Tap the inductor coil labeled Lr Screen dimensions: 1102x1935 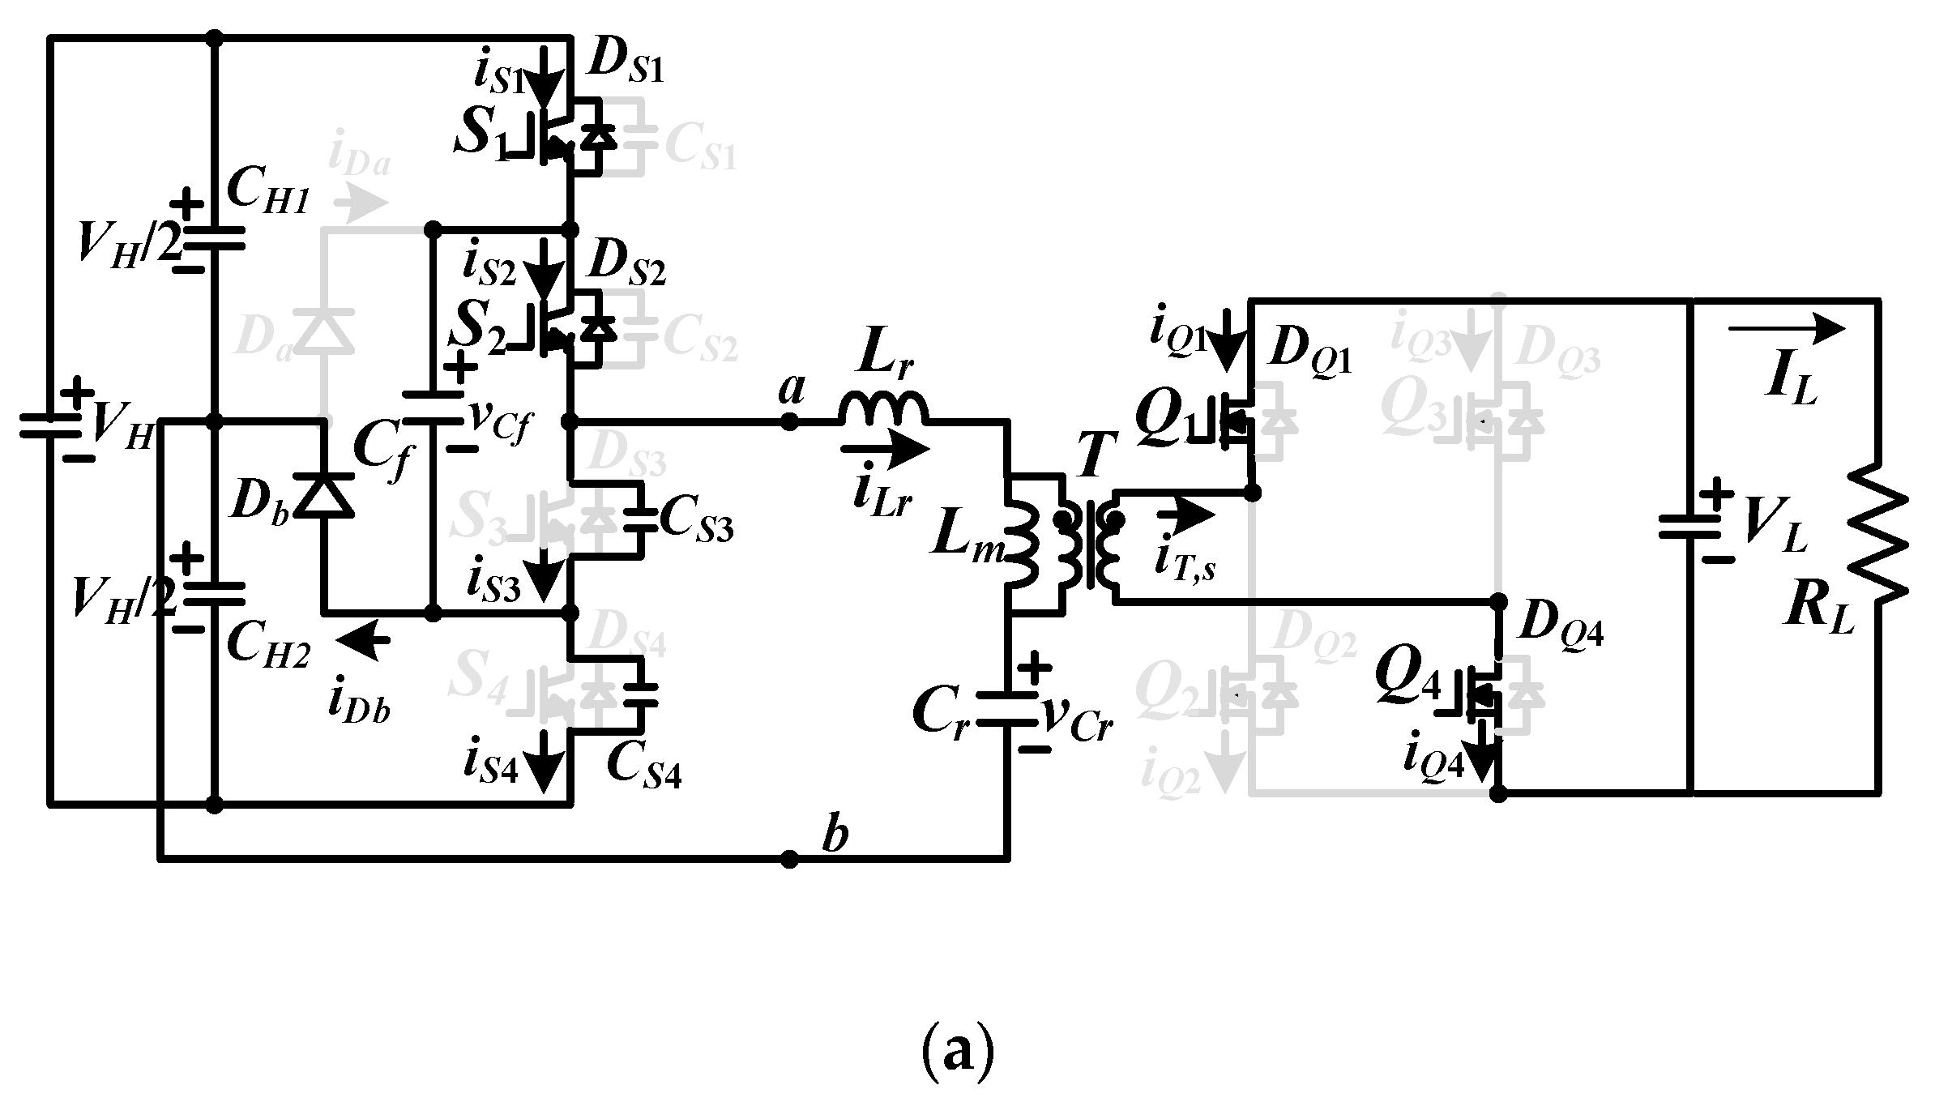tap(883, 409)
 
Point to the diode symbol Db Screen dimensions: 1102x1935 tap(324, 496)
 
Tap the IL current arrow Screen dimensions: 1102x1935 tap(1786, 328)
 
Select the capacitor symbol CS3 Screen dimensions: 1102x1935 tap(642, 519)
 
